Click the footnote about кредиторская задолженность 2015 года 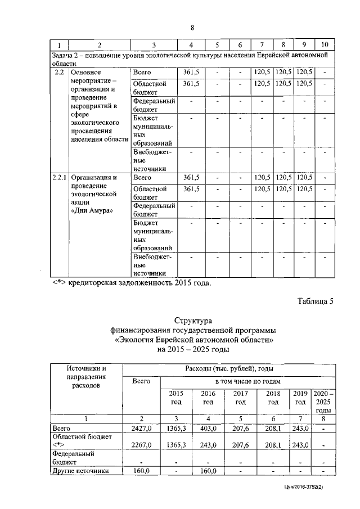point(132,283)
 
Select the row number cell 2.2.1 point(58,178)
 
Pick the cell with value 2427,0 point(141,429)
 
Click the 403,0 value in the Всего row point(208,429)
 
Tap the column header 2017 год point(241,398)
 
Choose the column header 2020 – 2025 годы point(323,402)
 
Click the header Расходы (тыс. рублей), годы point(229,369)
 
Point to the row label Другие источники point(79,471)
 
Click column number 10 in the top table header point(325,44)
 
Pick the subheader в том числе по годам point(247,382)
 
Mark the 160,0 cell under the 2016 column point(208,471)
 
